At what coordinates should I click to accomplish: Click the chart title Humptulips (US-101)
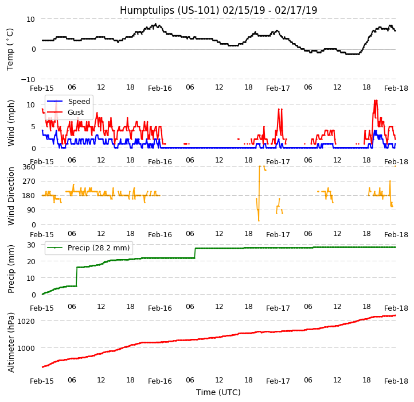(218, 10)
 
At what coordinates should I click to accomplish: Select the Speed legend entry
(79, 102)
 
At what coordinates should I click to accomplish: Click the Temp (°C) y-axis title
(10, 49)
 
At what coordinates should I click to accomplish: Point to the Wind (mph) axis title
(11, 122)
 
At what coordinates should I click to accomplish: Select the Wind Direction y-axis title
(11, 196)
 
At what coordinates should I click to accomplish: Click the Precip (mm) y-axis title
(11, 269)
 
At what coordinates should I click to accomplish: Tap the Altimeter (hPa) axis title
(11, 342)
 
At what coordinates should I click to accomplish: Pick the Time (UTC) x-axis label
(218, 392)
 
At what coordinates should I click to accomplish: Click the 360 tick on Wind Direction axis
(29, 167)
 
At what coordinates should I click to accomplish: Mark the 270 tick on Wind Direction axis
(29, 181)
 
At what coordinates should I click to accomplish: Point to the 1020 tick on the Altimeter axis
(26, 321)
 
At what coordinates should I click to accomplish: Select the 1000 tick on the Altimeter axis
(26, 348)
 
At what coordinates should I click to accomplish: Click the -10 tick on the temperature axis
(28, 79)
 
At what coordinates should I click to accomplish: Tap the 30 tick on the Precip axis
(31, 245)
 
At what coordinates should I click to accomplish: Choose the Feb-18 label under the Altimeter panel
(396, 381)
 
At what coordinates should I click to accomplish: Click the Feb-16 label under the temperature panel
(160, 88)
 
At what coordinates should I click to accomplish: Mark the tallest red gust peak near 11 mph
(376, 101)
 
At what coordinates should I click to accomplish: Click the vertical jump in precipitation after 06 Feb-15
(77, 276)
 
